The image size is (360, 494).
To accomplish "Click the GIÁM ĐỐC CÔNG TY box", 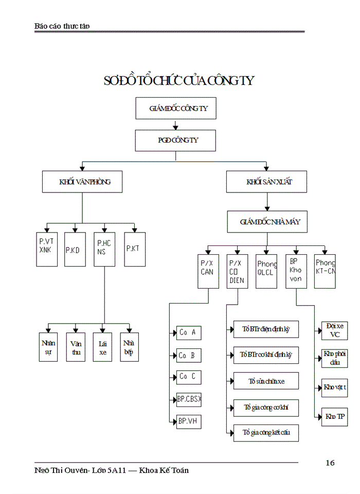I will click(175, 109).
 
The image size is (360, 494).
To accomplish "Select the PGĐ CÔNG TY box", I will click(175, 140).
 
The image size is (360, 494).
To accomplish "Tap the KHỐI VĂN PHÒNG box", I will click(82, 182).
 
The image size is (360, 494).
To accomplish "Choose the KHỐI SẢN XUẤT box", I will click(267, 182).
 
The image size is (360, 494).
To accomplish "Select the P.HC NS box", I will click(104, 249).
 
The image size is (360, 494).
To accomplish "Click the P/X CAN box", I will click(208, 271).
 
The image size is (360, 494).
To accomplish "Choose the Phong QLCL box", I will click(266, 271).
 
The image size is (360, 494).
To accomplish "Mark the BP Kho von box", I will click(296, 271).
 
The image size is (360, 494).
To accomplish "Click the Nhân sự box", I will click(49, 347).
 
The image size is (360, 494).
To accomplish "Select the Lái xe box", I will click(103, 347).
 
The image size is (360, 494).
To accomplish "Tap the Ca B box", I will click(188, 355).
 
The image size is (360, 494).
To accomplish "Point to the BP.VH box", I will click(188, 421).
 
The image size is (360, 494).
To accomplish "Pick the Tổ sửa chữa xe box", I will click(266, 381).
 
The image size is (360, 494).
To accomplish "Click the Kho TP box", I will click(334, 416).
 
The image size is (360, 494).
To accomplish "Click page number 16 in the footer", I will click(330, 463).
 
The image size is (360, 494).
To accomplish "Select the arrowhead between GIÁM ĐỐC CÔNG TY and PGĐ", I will click(175, 126).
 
